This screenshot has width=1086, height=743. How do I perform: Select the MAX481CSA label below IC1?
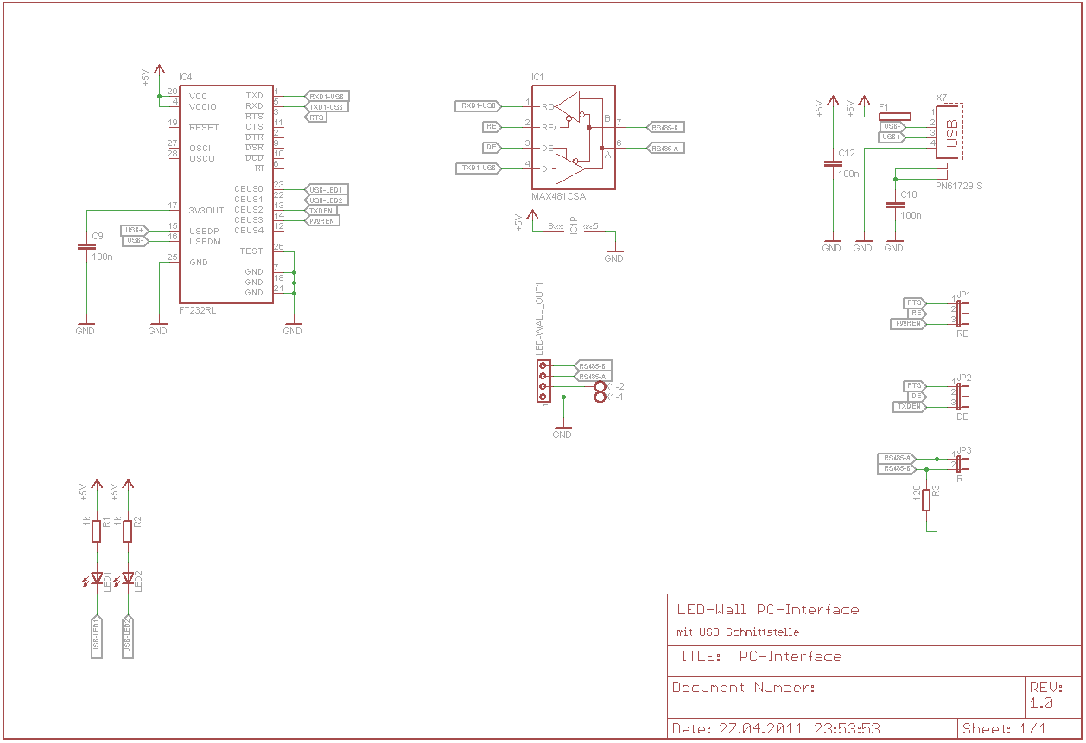[558, 196]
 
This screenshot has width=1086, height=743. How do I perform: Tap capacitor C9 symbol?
[86, 246]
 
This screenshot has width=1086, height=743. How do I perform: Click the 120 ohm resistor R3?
[926, 499]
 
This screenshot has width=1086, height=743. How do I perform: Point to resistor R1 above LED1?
[97, 530]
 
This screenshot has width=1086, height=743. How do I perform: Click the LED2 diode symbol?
[128, 578]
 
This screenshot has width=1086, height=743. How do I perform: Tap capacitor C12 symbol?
[832, 163]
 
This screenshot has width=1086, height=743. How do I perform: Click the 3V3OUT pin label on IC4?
[206, 210]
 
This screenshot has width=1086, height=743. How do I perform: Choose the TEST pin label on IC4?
[251, 251]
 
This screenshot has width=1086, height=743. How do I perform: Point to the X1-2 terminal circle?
[600, 386]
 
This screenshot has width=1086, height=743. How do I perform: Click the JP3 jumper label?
[964, 451]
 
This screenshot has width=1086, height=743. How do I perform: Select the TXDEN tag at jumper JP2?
[908, 406]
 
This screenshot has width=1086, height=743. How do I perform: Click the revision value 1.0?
[1040, 703]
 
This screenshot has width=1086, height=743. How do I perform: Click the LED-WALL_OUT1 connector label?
[540, 319]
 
